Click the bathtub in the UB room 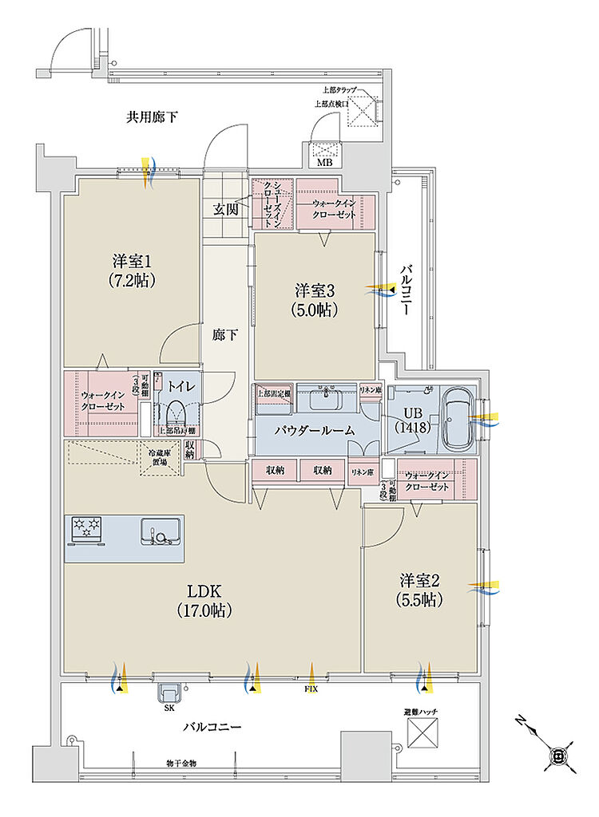pyautogui.click(x=457, y=416)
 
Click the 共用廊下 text pyautogui.click(x=152, y=117)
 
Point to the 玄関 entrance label pyautogui.click(x=226, y=210)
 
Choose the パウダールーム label pyautogui.click(x=315, y=430)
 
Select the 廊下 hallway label pyautogui.click(x=224, y=336)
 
